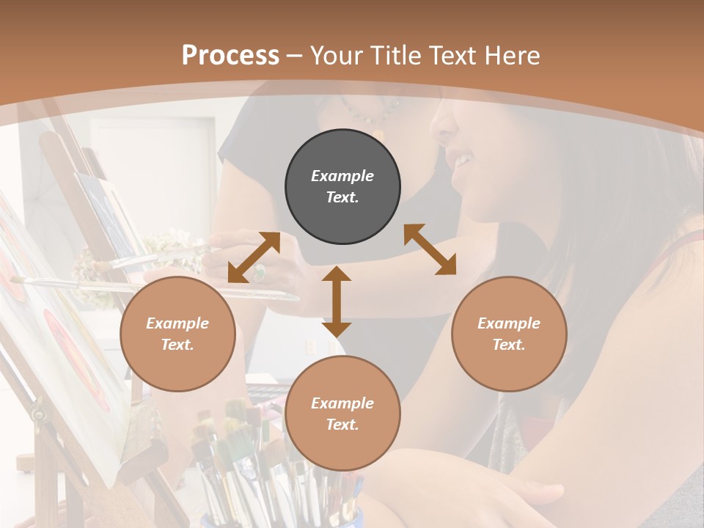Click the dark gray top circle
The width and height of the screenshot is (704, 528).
(342, 187)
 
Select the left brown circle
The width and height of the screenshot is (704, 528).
(177, 334)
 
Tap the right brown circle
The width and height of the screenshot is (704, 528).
(509, 334)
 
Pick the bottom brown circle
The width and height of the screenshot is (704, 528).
(342, 414)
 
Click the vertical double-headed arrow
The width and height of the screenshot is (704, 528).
(337, 301)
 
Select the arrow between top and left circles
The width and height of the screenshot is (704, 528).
(254, 257)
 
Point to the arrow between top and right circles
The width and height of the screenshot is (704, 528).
(430, 249)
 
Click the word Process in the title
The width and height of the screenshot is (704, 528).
(230, 55)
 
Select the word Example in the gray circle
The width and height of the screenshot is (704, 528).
(342, 176)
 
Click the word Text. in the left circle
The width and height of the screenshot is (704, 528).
(177, 345)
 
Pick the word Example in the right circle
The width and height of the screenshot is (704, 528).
(509, 323)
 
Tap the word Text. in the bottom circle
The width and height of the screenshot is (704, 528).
(342, 425)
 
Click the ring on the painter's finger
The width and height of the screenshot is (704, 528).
(259, 273)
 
